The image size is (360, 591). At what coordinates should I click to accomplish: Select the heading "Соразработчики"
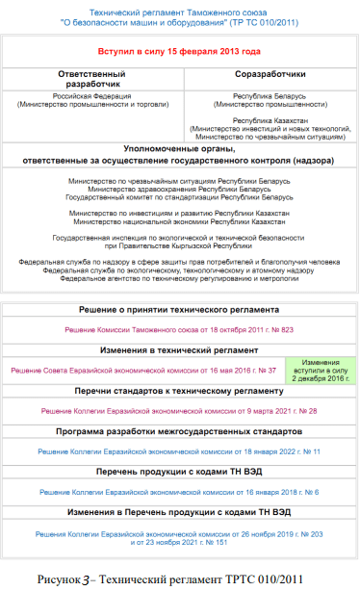coord(265,73)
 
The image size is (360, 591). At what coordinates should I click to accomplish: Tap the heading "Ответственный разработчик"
coord(91,78)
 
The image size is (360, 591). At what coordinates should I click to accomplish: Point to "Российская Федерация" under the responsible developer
coord(90,97)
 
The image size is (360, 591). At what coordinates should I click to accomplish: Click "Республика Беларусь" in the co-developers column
coord(265,98)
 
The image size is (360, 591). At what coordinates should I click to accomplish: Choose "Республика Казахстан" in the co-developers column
coord(265,119)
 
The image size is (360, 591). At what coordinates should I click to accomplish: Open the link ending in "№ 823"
coord(180,329)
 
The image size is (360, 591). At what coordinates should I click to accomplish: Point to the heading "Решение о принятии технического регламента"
coord(180,310)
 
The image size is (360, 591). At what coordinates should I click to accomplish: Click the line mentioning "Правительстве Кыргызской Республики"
coord(180,245)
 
